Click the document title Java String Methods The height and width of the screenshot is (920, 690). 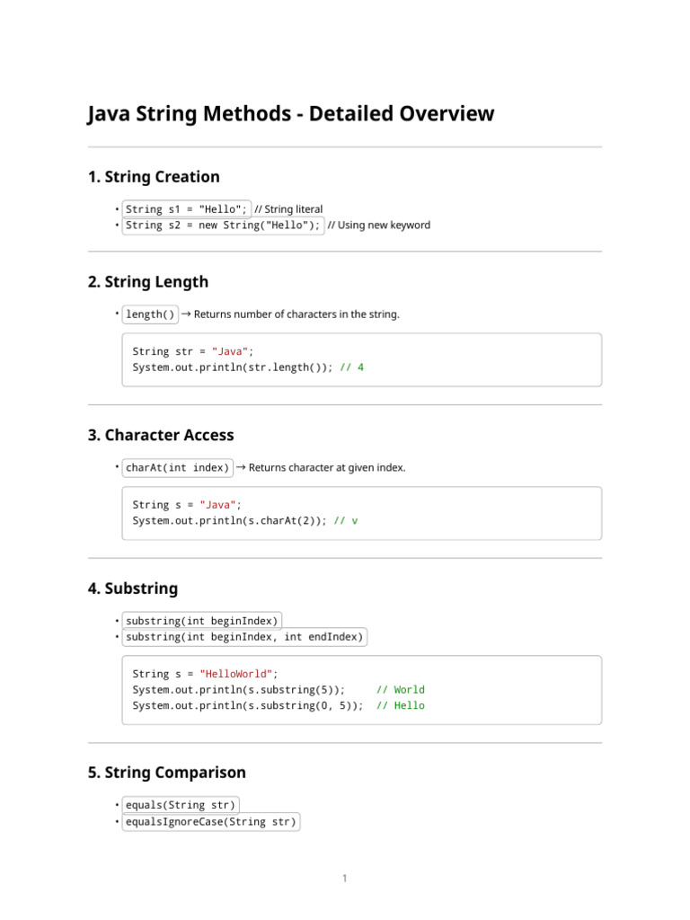tap(290, 114)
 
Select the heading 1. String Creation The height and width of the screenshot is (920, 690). tap(154, 177)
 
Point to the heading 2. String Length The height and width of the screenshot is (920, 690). tap(148, 282)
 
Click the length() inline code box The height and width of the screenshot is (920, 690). tap(150, 314)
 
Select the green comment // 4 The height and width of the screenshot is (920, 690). tap(352, 367)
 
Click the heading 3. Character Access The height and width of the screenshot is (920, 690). tap(161, 436)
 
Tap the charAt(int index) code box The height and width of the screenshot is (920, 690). tap(177, 468)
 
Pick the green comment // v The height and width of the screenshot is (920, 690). tap(345, 521)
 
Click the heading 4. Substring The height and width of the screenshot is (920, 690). tap(133, 589)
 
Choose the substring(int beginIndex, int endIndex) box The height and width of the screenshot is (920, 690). tap(244, 638)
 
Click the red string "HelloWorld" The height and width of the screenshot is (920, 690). tap(236, 674)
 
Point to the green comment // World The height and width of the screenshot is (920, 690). tap(400, 690)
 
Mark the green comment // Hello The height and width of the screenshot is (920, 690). tap(400, 706)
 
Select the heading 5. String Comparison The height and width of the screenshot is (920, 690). tap(167, 774)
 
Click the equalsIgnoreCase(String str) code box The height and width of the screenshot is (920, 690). tap(210, 822)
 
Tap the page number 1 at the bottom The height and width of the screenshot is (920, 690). tap(344, 879)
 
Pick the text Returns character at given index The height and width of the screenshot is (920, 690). tap(326, 468)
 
